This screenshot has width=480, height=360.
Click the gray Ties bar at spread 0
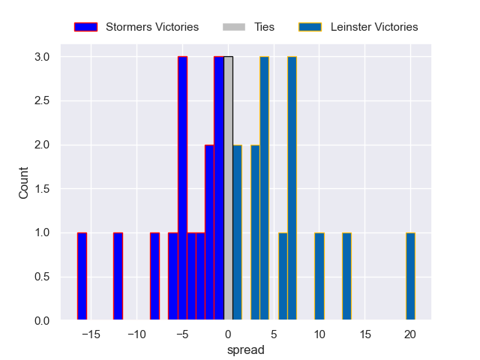[x=228, y=189]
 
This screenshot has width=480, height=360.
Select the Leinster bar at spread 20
[x=410, y=277]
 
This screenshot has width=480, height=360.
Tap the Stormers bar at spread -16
[x=82, y=277]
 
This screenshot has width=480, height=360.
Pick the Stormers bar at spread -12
[x=118, y=277]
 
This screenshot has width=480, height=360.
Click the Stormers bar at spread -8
[x=154, y=277]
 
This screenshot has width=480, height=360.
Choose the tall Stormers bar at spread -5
[x=182, y=189]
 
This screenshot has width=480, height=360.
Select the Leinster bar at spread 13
[x=346, y=277]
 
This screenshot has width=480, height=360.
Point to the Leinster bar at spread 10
[x=319, y=277]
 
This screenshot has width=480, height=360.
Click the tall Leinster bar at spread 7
[x=292, y=189]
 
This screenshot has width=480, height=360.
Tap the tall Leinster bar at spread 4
[x=264, y=189]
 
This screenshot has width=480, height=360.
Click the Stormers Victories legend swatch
[x=86, y=27]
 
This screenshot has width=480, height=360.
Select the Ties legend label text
[x=265, y=27]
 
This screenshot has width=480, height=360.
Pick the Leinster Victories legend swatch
[x=310, y=27]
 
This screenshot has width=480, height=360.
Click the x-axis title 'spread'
[x=245, y=349]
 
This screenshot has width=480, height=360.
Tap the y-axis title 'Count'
[x=23, y=189]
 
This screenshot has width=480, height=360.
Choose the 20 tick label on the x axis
[x=410, y=333]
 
